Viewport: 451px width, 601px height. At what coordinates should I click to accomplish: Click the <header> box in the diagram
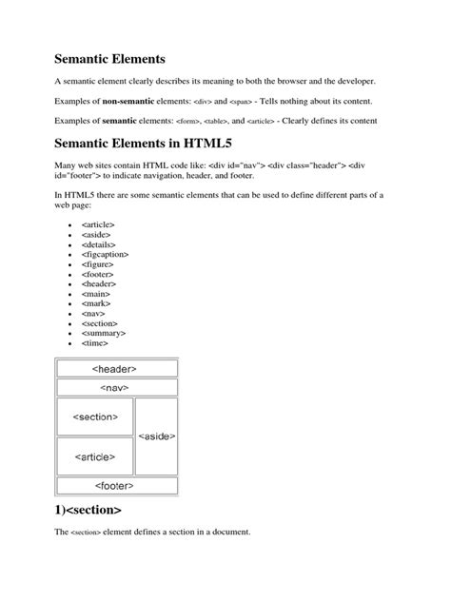pos(116,368)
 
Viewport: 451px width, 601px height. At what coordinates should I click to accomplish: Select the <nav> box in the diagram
pos(116,388)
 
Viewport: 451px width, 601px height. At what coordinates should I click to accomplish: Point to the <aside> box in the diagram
pos(157,436)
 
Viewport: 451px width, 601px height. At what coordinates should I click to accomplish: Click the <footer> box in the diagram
pos(116,485)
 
